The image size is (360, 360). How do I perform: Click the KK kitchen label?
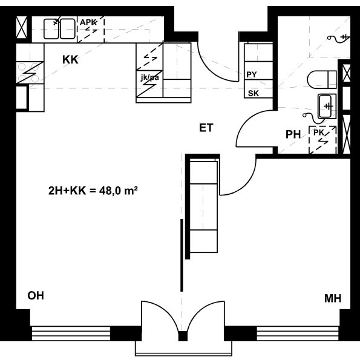tap(70, 60)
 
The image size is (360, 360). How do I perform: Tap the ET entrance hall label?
tap(206, 128)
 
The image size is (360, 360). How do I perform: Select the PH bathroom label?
tap(293, 134)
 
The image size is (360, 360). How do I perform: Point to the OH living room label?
tap(36, 295)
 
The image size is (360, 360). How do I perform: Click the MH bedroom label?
tap(333, 298)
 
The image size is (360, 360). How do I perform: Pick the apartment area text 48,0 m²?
tap(119, 191)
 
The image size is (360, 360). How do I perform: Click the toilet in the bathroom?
tap(322, 80)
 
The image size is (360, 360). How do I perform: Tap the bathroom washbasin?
tap(327, 106)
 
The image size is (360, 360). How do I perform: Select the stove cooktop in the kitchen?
tap(30, 73)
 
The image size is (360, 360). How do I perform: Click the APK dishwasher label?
tap(88, 22)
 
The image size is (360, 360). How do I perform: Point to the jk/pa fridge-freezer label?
tap(149, 77)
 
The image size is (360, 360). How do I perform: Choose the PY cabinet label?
tap(252, 74)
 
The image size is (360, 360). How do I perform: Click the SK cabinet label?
tap(254, 93)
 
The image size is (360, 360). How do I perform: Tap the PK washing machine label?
tap(319, 133)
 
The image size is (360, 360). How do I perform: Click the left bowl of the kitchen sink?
tap(51, 29)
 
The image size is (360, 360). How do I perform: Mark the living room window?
tap(71, 333)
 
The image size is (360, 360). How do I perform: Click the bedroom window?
tap(298, 333)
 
